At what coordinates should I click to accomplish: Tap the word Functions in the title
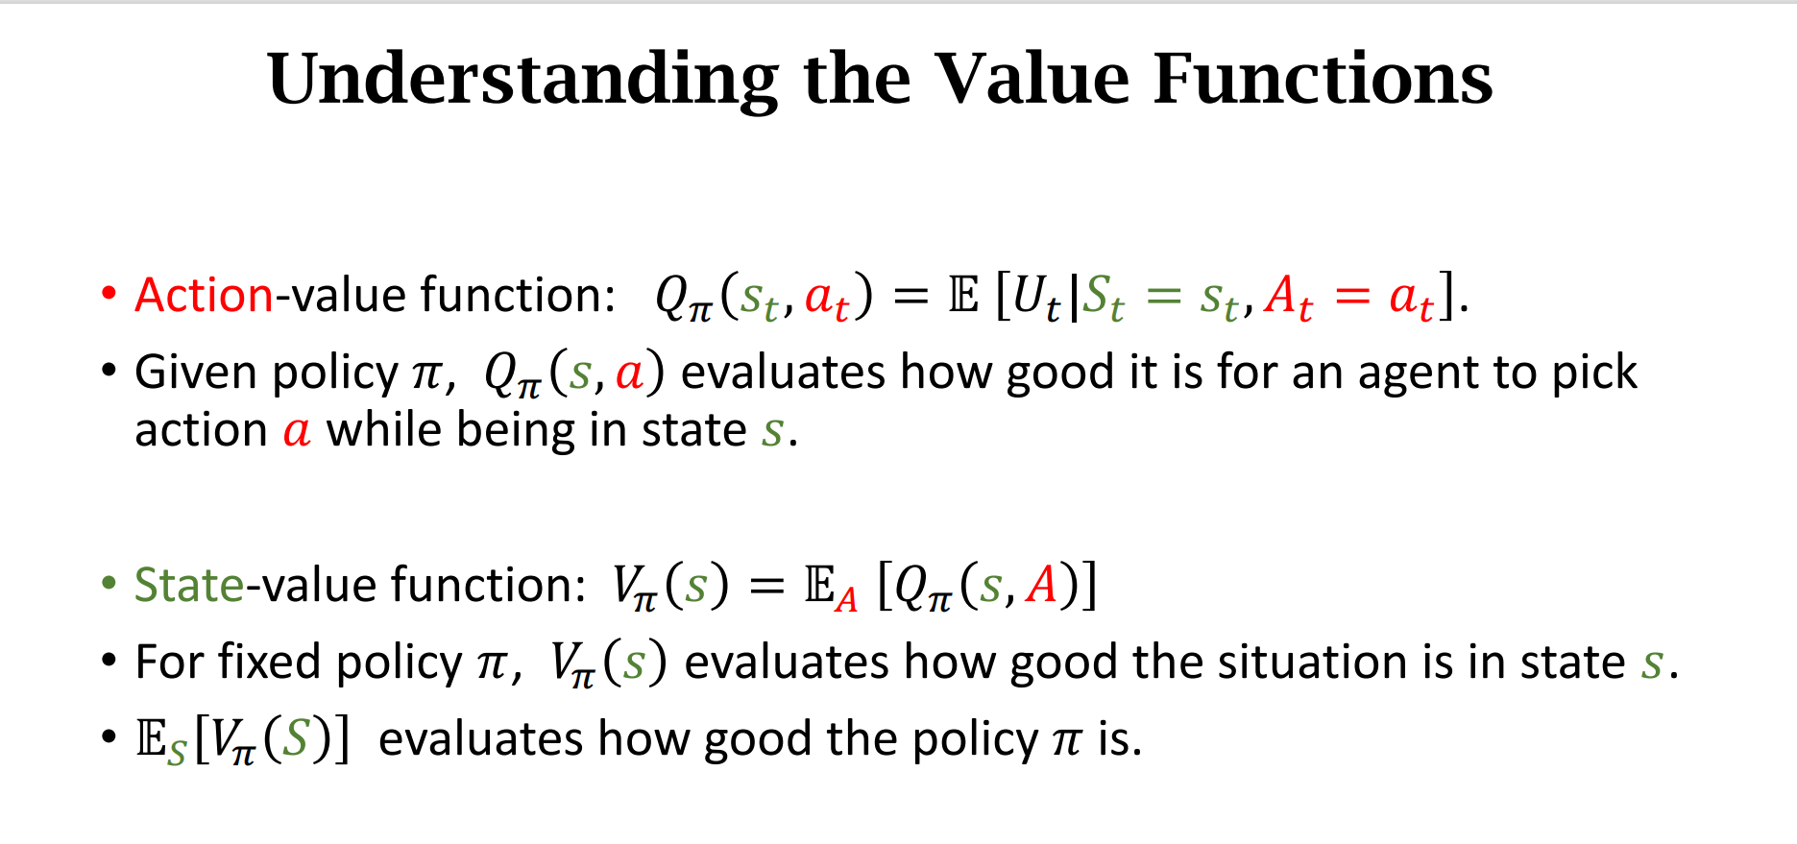point(1323,79)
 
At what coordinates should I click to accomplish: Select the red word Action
point(205,295)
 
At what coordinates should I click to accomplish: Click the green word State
point(189,585)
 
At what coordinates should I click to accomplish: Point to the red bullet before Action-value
point(109,294)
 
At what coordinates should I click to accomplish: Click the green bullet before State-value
point(109,584)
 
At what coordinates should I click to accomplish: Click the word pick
point(1594,373)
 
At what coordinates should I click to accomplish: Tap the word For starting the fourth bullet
point(170,662)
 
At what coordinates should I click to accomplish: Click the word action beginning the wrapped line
point(201,430)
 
